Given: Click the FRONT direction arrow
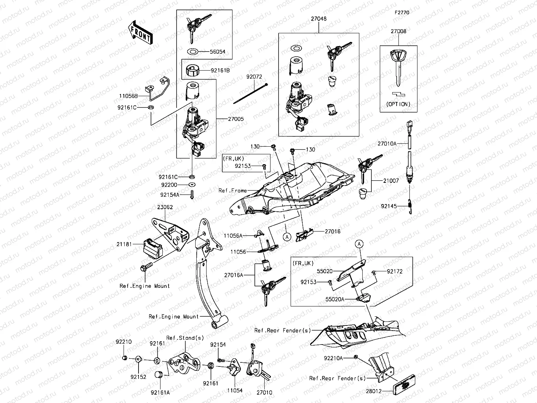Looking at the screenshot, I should pos(140,33).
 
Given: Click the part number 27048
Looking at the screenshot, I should pos(319,19).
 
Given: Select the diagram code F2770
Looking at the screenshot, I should pos(401,12).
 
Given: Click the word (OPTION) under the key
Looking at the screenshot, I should pos(398,104).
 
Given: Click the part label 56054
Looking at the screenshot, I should pos(218,52).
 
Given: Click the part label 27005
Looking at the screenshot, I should pos(236,119).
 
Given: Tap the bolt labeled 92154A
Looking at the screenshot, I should pos(192,195).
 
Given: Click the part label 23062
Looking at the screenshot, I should pos(165,207).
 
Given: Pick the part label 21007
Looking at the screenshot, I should pos(391,181).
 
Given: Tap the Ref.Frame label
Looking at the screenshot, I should pos(232,191).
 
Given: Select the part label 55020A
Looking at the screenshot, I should pos(335,299).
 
